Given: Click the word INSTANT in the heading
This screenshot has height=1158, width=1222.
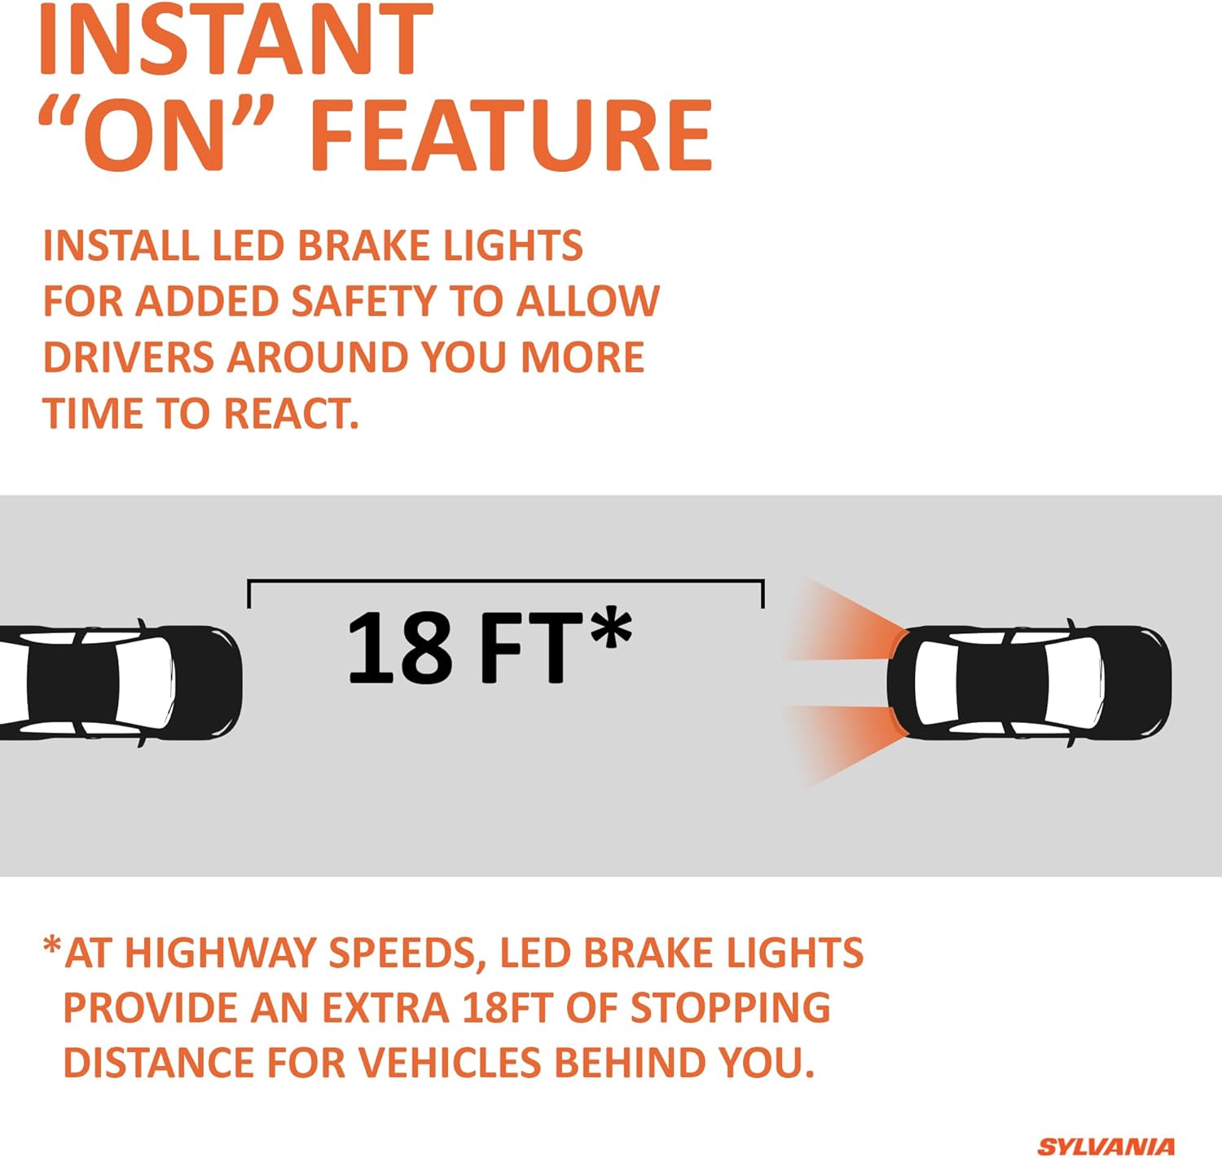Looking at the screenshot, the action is coord(235,38).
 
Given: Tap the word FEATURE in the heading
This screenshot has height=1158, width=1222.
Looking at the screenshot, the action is coord(511,134).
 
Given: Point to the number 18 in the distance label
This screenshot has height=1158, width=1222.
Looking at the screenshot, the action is coord(400,648).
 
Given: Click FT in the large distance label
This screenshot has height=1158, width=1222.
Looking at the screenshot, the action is coord(531,648).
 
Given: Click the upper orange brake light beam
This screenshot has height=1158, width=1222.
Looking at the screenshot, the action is coord(846,622).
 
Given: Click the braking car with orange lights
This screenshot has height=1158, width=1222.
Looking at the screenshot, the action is coord(1029,683).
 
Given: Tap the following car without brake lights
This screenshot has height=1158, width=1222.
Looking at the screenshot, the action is coord(121,683).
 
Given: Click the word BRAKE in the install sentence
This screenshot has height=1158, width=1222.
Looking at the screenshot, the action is coord(363,245).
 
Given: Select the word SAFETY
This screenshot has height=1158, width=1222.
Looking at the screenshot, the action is coord(363,302).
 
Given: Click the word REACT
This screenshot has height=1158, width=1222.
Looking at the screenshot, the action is coord(291,414).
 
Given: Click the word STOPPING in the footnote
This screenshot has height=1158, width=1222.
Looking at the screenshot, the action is coord(730,1007).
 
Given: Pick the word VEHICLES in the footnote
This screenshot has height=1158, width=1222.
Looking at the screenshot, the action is coord(451,1063).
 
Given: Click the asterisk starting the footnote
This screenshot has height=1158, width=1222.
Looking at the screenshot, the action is coord(52,947).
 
